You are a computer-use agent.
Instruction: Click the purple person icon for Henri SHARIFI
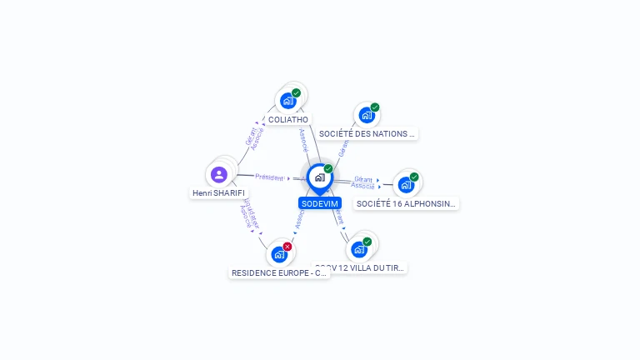click(x=219, y=174)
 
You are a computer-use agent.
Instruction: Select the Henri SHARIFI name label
click(x=219, y=192)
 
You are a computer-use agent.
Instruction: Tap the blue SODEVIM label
click(x=319, y=203)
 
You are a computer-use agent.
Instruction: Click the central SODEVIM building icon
click(x=319, y=177)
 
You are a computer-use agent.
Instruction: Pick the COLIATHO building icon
click(x=287, y=101)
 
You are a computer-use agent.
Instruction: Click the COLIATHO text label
click(x=288, y=119)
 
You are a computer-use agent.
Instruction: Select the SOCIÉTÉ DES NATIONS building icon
click(x=366, y=115)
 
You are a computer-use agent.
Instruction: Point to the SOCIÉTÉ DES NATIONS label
click(x=367, y=133)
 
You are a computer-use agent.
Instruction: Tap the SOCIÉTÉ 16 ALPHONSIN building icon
click(x=406, y=185)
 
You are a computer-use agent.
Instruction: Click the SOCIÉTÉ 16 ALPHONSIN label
click(x=406, y=203)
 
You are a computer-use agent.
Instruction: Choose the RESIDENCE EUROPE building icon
click(x=279, y=254)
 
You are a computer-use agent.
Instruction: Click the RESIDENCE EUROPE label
click(x=279, y=272)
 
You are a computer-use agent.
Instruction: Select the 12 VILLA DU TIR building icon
click(x=359, y=249)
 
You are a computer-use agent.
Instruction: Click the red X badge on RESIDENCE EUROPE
click(x=287, y=247)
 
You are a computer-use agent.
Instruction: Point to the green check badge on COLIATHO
click(x=296, y=93)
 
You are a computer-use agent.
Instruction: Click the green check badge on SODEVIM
click(x=328, y=169)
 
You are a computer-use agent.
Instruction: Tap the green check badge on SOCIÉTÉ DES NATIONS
click(x=375, y=107)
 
